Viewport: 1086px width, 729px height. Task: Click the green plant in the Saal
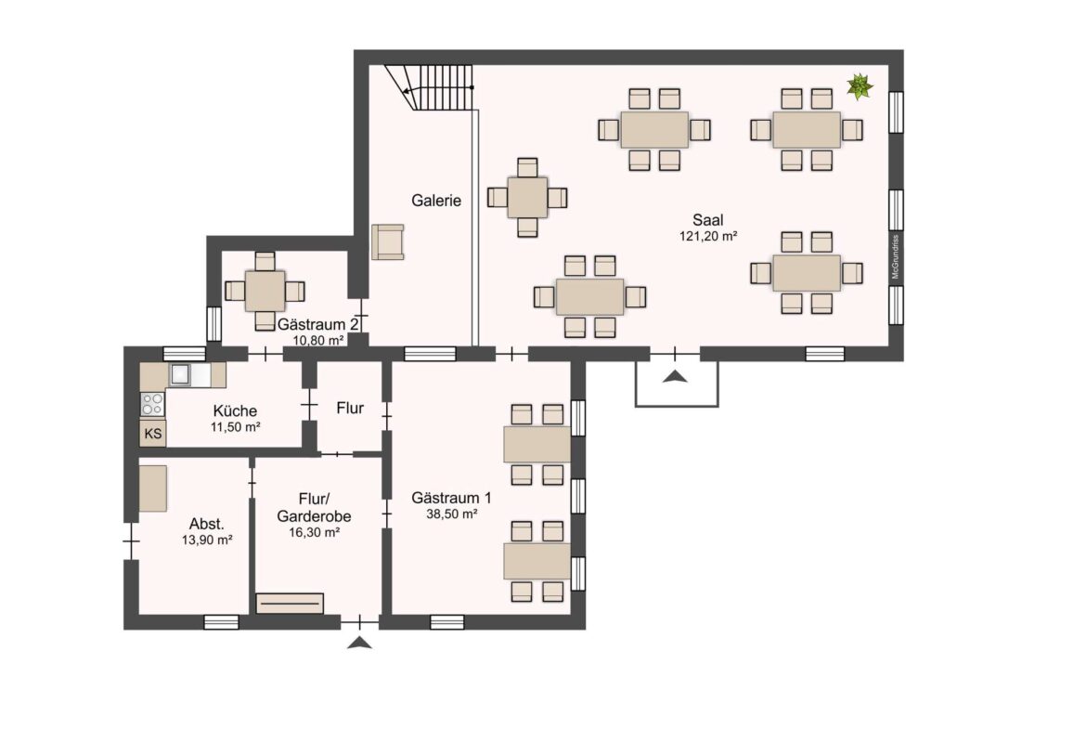coord(860,87)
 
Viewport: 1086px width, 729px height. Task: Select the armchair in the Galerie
coord(387,241)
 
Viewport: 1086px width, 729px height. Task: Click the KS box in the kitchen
coord(153,434)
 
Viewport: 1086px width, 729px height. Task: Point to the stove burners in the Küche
coord(152,404)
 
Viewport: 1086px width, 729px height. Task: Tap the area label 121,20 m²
coord(707,237)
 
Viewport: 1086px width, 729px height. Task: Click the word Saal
coord(707,220)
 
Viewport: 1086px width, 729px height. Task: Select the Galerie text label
coord(436,200)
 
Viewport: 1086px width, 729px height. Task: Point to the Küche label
coord(234,410)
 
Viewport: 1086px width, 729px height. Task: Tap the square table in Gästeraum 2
coord(265,291)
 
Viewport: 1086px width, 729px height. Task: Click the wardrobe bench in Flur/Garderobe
coord(290,603)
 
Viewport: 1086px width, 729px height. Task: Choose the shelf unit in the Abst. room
coord(153,488)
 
